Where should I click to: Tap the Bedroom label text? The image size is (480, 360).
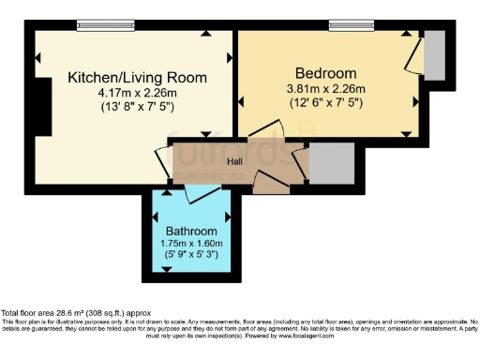point(325,73)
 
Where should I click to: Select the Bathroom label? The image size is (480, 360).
point(191,231)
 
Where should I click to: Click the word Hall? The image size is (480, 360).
point(235,160)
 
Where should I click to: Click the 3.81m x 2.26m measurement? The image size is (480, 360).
point(325,88)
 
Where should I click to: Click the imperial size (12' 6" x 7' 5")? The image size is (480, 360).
point(325,101)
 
